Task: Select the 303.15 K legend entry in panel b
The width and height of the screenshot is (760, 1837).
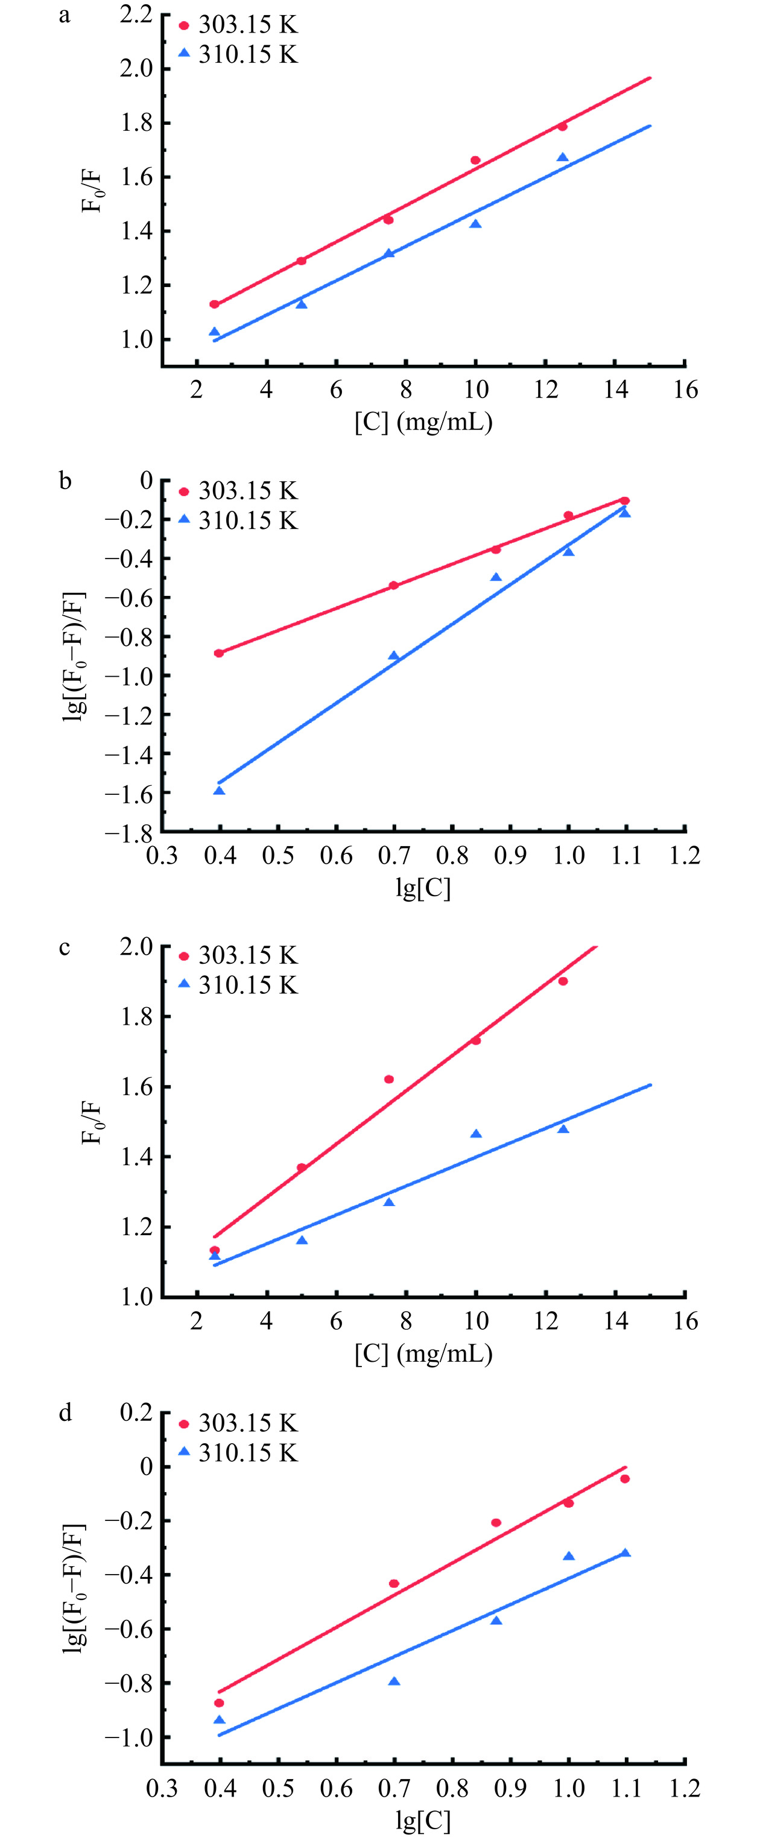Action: coord(238,491)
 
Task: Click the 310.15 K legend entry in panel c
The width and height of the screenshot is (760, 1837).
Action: coord(238,985)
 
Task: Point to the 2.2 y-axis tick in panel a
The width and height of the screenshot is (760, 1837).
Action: coord(136,14)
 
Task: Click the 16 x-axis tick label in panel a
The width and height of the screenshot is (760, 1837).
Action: coord(685,390)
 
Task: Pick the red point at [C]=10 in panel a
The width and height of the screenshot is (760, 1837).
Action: coord(475,160)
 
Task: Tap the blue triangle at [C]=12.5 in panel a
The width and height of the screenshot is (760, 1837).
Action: coord(563,157)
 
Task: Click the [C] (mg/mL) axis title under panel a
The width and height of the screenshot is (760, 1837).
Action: coord(423,422)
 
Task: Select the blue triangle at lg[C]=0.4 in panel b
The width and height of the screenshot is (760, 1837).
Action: coord(219,790)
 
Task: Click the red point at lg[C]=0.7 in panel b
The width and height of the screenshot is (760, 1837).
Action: coord(393,586)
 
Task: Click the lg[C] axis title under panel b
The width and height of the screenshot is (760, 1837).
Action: coord(423,888)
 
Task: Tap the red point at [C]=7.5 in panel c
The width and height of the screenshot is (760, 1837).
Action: coord(388,1079)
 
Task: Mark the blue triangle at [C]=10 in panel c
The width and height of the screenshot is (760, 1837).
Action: coord(475,1134)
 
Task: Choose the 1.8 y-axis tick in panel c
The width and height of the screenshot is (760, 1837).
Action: coord(136,1016)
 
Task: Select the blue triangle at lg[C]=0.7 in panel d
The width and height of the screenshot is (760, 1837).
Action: coord(393,1681)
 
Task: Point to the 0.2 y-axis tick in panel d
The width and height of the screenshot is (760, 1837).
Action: coord(136,1412)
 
